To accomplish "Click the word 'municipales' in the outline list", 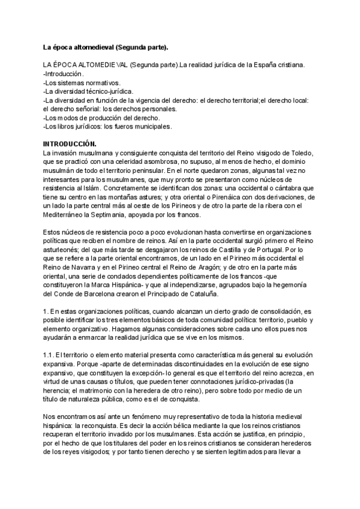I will point(154,127).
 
